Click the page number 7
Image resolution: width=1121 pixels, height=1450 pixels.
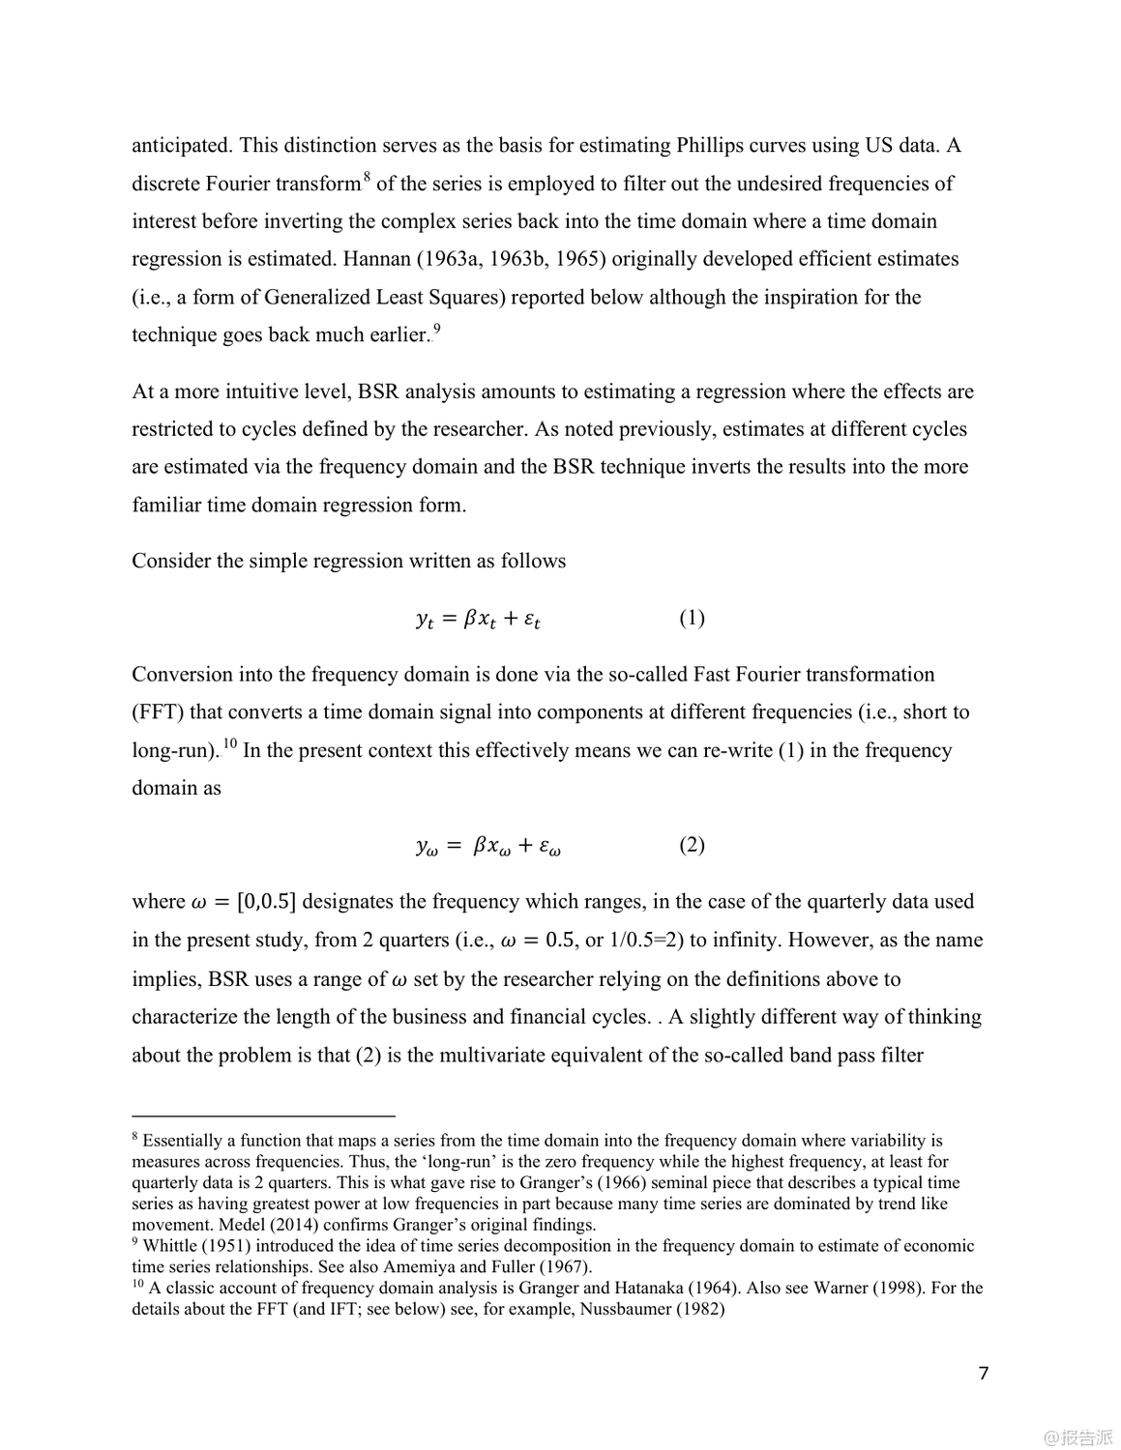[984, 1373]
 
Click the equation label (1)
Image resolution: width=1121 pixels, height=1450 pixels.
[692, 618]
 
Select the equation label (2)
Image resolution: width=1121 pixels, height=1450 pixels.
[692, 845]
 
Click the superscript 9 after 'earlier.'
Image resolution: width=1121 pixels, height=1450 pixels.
[437, 328]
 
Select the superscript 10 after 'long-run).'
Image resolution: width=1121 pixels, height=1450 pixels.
[230, 743]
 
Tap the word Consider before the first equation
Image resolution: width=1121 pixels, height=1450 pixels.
[168, 562]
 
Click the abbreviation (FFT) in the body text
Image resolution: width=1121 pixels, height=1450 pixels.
[158, 712]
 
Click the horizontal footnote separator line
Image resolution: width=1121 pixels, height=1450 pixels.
[263, 1115]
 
